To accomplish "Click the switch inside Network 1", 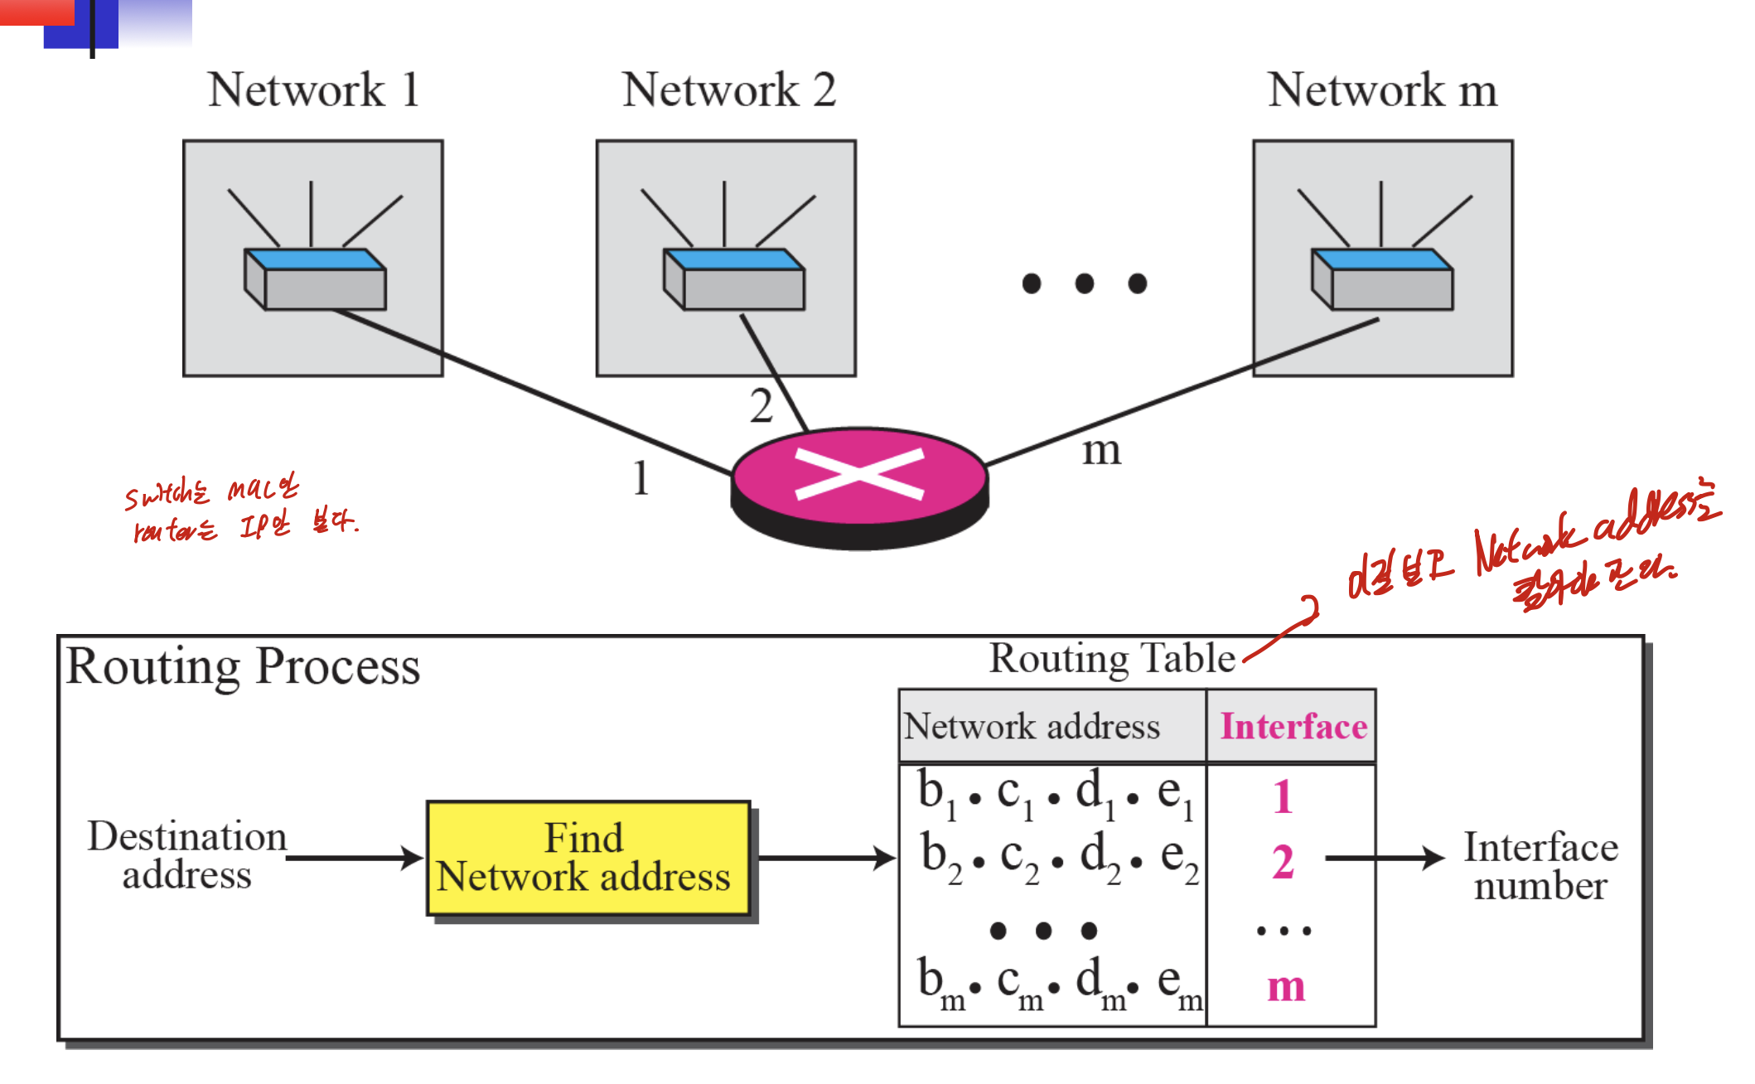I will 316,279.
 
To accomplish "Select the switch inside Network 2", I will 734,279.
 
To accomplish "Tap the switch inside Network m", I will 1382,279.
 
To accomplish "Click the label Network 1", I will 313,90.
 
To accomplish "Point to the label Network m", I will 1382,90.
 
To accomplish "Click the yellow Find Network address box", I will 587,858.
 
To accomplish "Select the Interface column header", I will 1293,727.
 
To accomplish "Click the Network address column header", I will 1032,727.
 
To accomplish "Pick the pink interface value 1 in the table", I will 1283,797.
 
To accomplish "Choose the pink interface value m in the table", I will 1286,986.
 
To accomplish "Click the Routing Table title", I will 1112,659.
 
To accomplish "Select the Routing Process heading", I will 243,666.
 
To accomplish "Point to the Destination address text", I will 187,855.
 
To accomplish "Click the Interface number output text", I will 1540,866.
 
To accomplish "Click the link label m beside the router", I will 1101,451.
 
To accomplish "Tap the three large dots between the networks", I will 1084,283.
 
